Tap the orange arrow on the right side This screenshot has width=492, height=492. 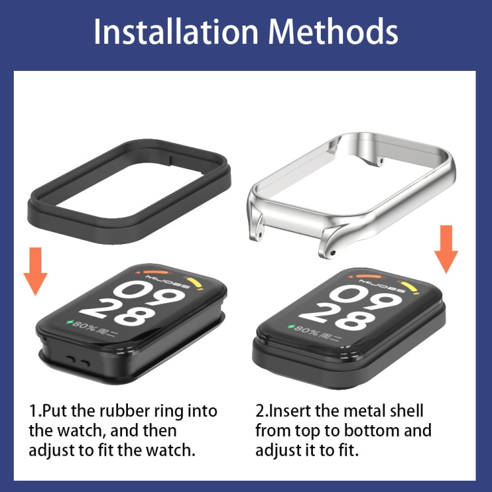pyautogui.click(x=447, y=249)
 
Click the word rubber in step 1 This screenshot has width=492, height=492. pyautogui.click(x=124, y=411)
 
